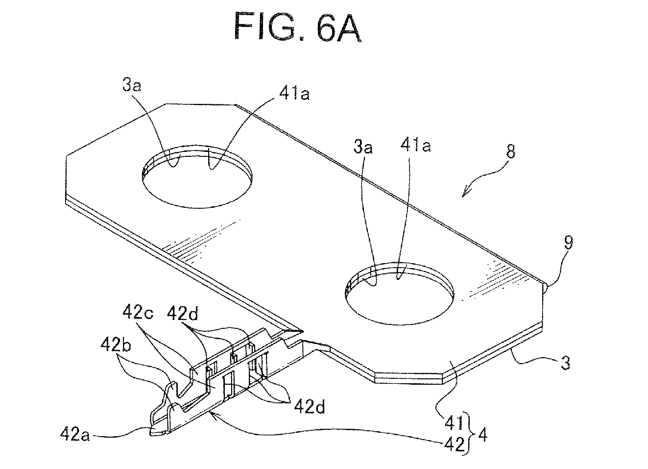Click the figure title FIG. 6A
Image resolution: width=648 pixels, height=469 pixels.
[x=298, y=27]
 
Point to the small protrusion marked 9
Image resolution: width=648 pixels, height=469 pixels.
[x=545, y=288]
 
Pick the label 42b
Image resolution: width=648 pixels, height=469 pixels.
[x=116, y=346]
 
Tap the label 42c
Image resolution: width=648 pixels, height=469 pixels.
[x=138, y=312]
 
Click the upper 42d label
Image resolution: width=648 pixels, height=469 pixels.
[x=182, y=313]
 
